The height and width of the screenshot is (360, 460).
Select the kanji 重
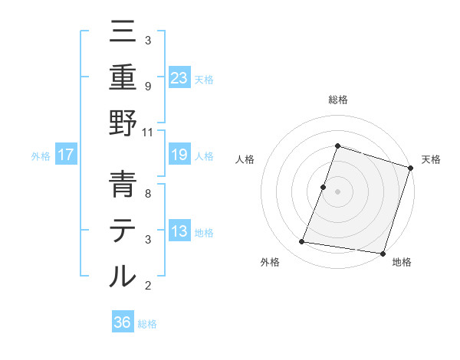click(123, 77)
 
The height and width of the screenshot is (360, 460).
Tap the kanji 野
click(123, 124)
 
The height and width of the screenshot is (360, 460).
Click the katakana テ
click(123, 231)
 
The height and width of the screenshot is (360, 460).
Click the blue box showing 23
click(179, 77)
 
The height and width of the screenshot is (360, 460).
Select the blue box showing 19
click(179, 155)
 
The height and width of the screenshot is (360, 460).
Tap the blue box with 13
click(179, 231)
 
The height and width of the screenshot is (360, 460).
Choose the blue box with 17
click(66, 155)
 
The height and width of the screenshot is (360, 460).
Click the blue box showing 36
click(123, 322)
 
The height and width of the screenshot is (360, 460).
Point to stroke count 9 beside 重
click(148, 87)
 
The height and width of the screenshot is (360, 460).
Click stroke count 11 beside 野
click(149, 132)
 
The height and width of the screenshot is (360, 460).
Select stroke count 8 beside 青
click(148, 194)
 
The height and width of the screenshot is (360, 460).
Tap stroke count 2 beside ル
click(148, 286)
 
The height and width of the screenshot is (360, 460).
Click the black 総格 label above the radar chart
click(337, 100)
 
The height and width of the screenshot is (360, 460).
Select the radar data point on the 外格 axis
click(302, 242)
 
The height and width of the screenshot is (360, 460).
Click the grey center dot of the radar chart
click(337, 191)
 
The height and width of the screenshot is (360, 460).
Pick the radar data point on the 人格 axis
click(324, 187)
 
